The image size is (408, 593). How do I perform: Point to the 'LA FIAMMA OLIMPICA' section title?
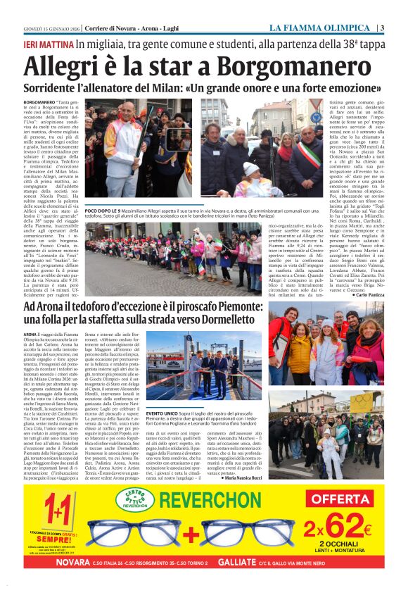click(x=320, y=28)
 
